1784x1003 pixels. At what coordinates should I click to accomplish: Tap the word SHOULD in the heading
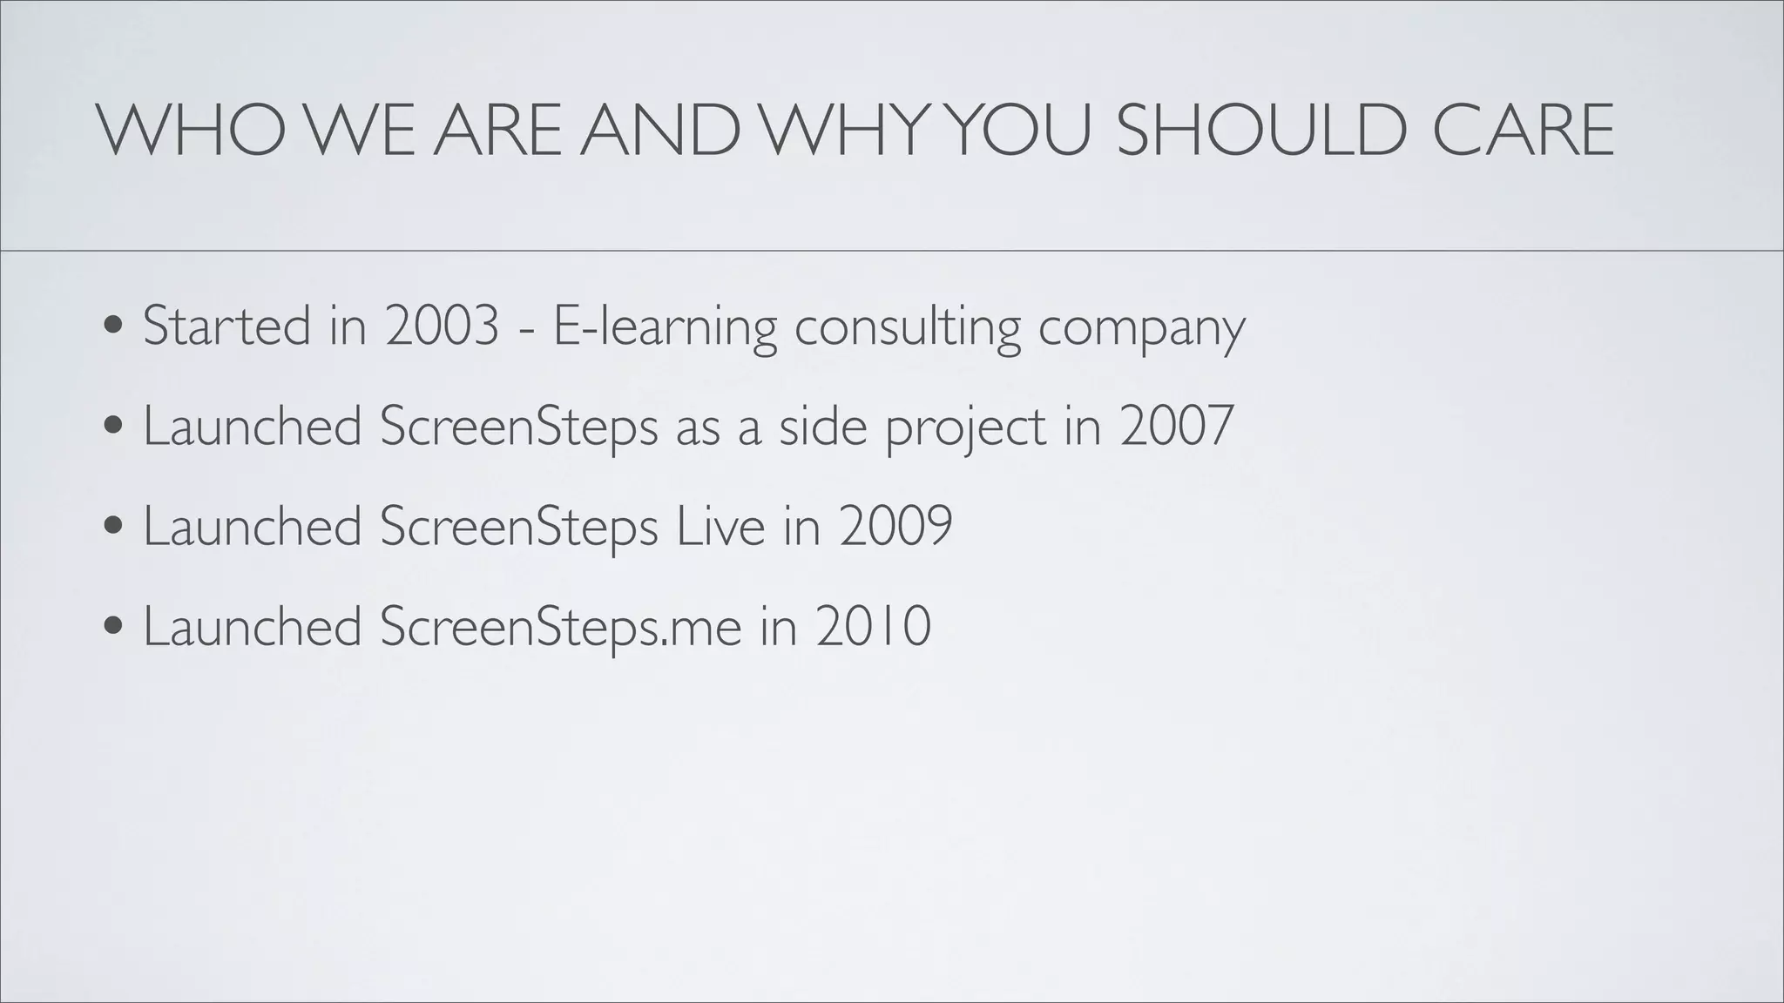tap(1261, 131)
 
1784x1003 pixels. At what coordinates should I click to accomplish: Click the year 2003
tap(443, 326)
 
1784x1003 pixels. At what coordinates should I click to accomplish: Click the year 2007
tap(1177, 426)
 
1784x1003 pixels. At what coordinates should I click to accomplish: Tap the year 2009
tap(896, 526)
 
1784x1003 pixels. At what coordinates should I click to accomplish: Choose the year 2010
tap(874, 626)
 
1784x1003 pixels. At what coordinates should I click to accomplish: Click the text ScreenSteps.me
tap(561, 628)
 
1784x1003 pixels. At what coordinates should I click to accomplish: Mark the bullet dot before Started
tap(112, 327)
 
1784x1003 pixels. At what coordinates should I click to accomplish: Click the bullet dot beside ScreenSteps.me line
tap(112, 628)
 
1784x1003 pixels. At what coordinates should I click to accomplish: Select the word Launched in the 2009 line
tap(253, 526)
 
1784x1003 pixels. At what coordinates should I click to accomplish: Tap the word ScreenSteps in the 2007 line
tap(519, 427)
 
